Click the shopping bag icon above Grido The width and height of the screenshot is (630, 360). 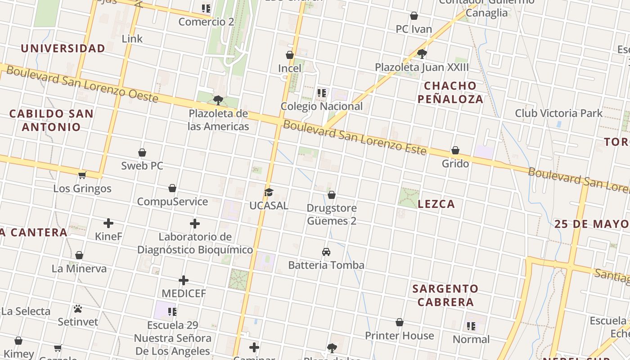click(455, 150)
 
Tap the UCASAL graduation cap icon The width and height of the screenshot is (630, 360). click(269, 193)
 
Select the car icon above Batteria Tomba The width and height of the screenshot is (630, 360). click(326, 252)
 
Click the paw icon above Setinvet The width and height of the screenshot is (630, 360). click(78, 309)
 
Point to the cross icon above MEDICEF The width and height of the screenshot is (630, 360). click(184, 281)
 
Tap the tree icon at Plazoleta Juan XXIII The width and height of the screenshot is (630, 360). click(422, 54)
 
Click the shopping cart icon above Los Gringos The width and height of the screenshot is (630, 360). click(82, 175)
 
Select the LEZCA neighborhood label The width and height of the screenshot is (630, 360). click(436, 204)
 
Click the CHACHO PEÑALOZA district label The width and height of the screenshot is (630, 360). click(450, 92)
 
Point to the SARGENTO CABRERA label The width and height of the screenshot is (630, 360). click(445, 295)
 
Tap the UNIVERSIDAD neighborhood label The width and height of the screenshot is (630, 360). click(63, 48)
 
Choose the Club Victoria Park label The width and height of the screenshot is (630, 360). click(558, 113)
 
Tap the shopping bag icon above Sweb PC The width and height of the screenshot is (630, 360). click(142, 153)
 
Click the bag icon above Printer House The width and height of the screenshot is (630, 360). click(400, 323)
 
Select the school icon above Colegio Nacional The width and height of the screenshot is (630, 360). click(321, 93)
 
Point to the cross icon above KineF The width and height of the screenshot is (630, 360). click(108, 223)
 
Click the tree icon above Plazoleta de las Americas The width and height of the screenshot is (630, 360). click(218, 100)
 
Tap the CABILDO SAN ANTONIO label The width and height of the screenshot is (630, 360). click(51, 120)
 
